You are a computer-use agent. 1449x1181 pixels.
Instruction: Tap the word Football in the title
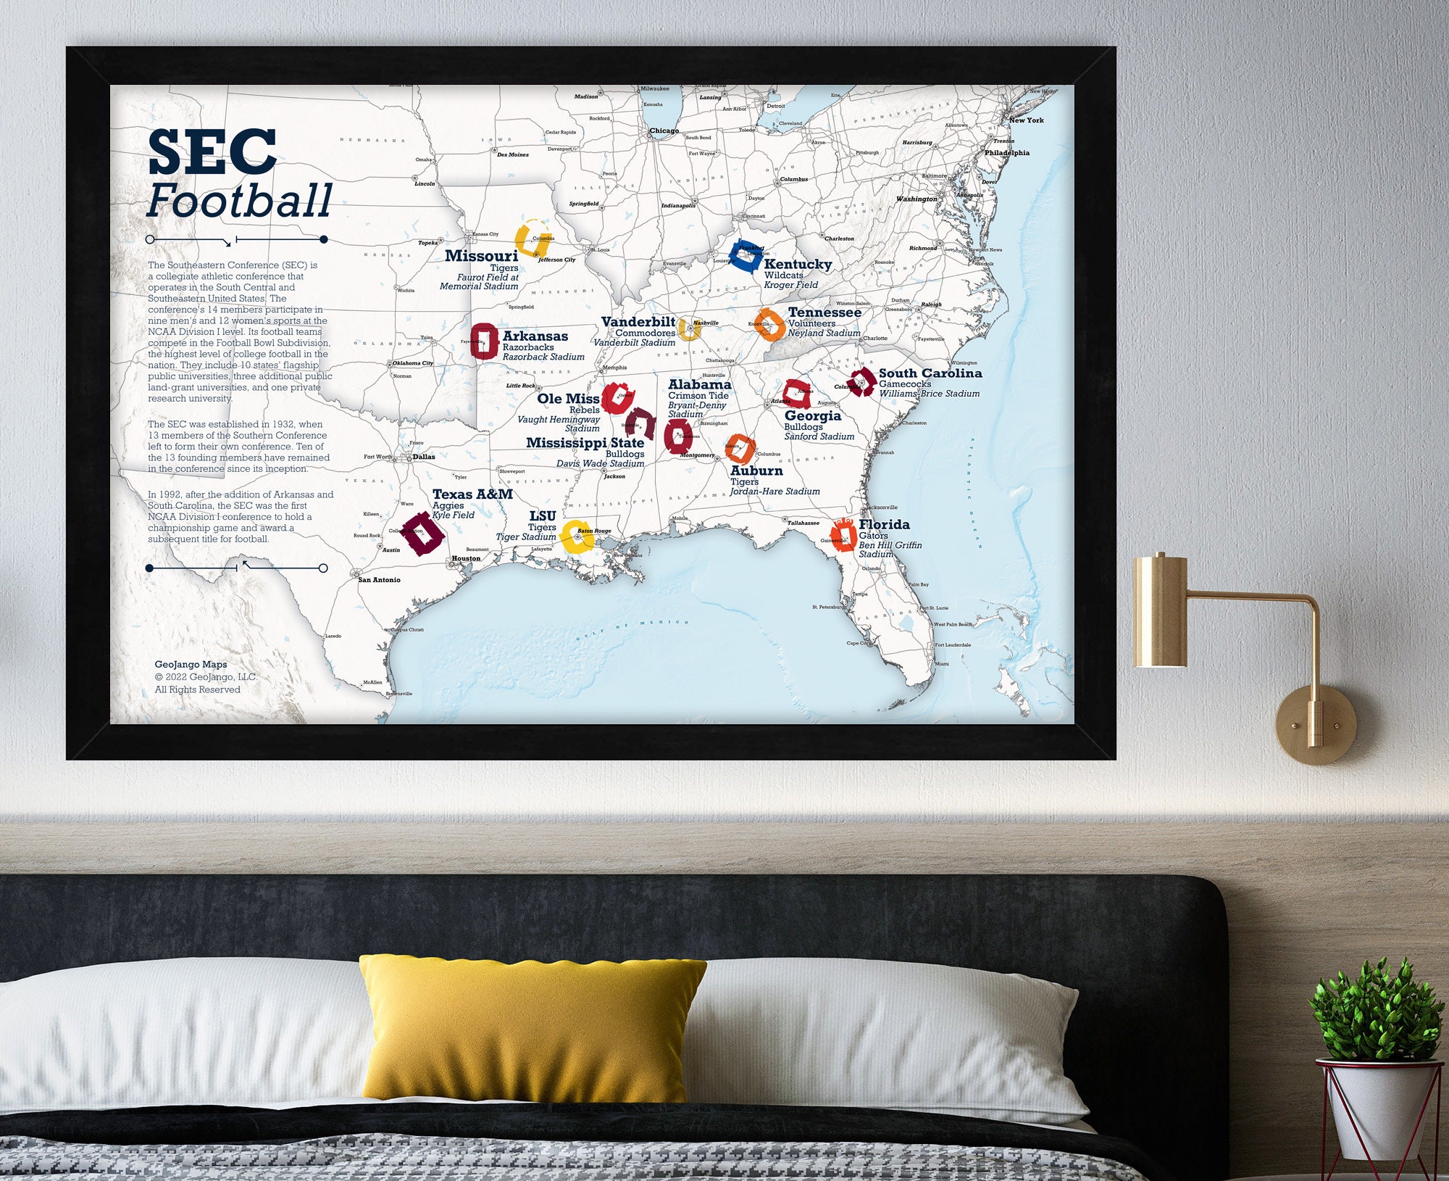pos(239,201)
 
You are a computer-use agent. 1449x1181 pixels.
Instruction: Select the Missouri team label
pos(481,256)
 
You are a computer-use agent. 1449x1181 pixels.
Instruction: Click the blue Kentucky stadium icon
pos(745,255)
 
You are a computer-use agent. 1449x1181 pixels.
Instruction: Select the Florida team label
pos(884,524)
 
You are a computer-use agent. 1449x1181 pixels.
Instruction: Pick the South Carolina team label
pos(930,373)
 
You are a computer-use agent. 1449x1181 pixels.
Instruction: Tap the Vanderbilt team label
pos(638,322)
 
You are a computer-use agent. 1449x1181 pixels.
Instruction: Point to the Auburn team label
pos(756,471)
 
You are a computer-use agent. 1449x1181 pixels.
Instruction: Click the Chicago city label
pos(664,131)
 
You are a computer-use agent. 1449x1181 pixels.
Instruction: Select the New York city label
pos(1027,120)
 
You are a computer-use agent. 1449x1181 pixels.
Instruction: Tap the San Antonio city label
pos(380,580)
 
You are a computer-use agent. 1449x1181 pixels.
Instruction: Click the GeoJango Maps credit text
pos(191,664)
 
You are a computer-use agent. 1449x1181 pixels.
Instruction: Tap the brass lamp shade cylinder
pos(1160,610)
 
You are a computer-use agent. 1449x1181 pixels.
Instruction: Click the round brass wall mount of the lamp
pos(1316,725)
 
